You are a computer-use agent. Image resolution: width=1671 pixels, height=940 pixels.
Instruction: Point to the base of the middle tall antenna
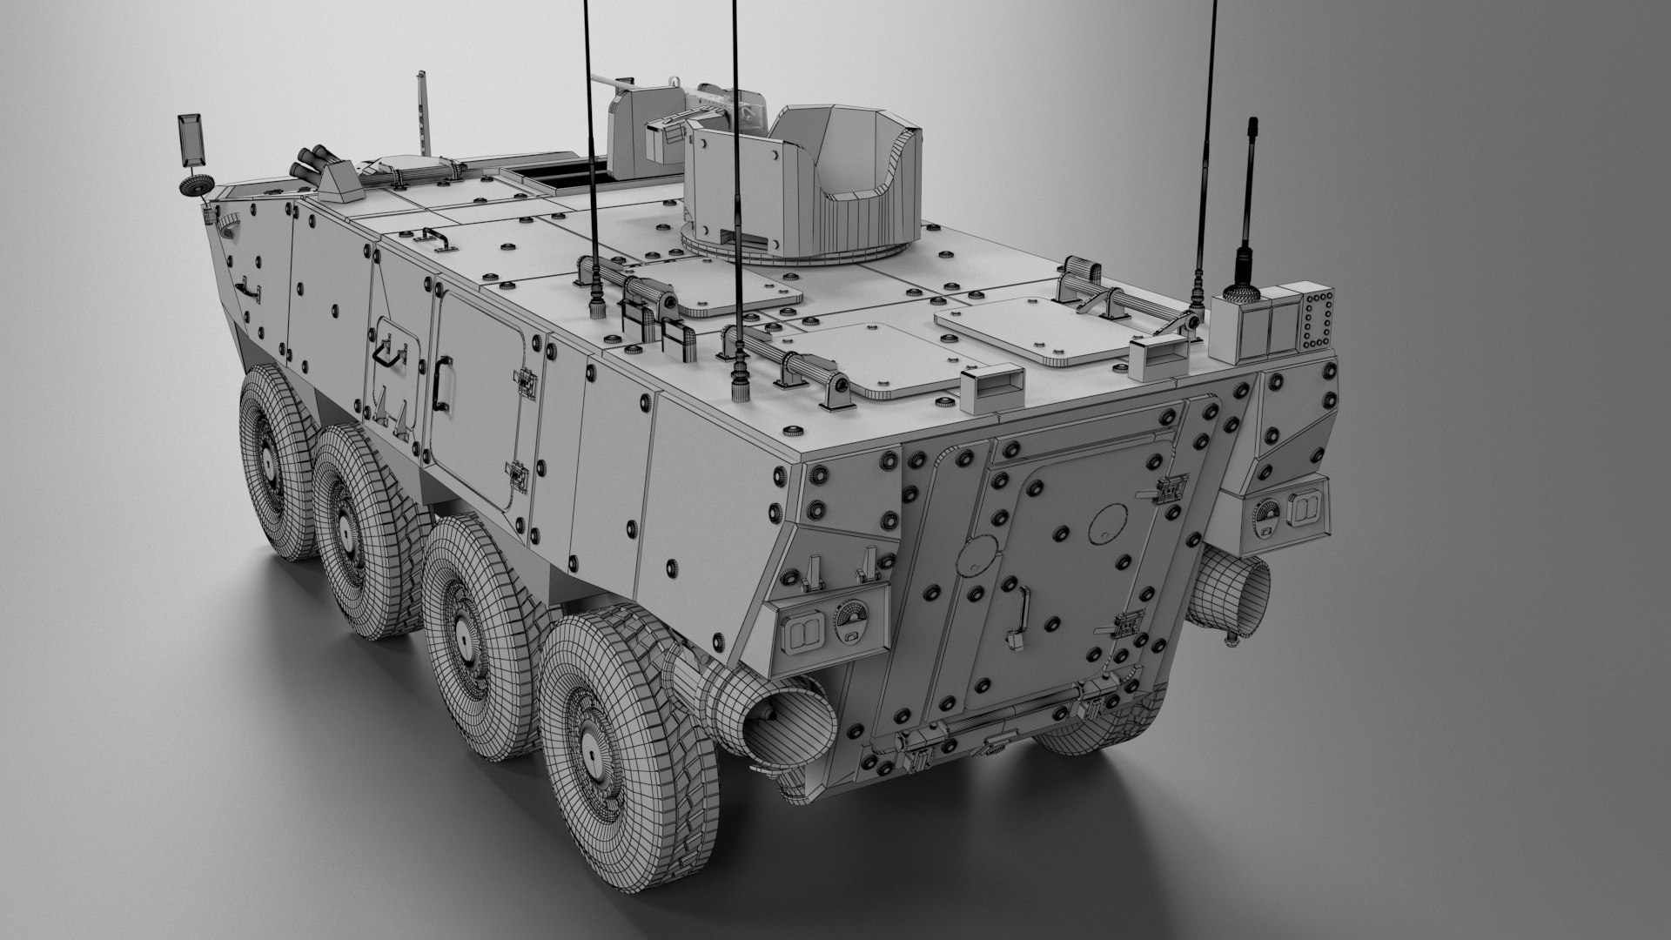741,383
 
